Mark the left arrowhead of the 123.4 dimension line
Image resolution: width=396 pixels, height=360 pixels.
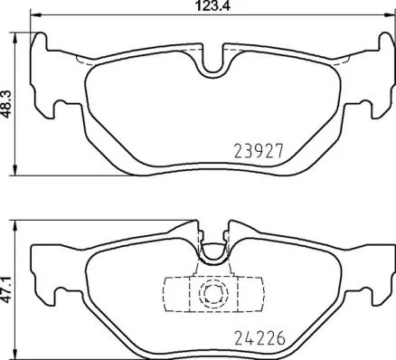(x=33, y=17)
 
